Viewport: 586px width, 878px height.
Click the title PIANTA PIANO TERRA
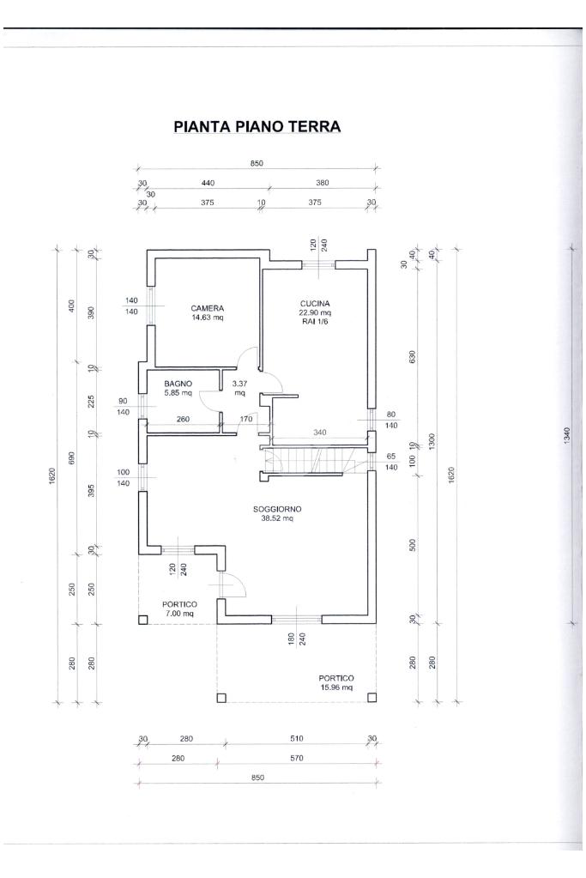coord(257,126)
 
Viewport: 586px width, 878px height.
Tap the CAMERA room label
coord(207,308)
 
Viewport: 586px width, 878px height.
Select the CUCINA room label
coord(315,304)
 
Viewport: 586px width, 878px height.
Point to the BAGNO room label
coord(178,384)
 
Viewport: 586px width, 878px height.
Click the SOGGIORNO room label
coord(277,509)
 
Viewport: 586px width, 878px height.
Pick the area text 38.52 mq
coord(277,518)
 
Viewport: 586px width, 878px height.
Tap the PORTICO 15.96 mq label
coord(336,682)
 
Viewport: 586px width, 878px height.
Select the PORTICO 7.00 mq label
coord(179,609)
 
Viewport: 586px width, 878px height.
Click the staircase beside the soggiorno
coord(313,460)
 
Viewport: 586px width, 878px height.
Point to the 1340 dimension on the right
coord(567,436)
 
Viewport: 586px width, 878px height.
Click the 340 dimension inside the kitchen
coord(319,433)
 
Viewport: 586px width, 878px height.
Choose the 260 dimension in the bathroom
coord(183,419)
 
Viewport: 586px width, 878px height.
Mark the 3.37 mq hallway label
coord(239,388)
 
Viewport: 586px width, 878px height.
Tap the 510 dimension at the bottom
coord(297,739)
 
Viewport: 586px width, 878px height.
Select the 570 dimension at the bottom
coord(297,758)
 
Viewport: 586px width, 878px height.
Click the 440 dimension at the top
coord(208,183)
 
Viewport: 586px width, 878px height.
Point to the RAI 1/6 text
coord(315,321)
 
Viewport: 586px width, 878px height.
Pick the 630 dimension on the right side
coord(413,357)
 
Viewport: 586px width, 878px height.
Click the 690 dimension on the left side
coord(71,458)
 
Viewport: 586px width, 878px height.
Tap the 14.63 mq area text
coord(207,317)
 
